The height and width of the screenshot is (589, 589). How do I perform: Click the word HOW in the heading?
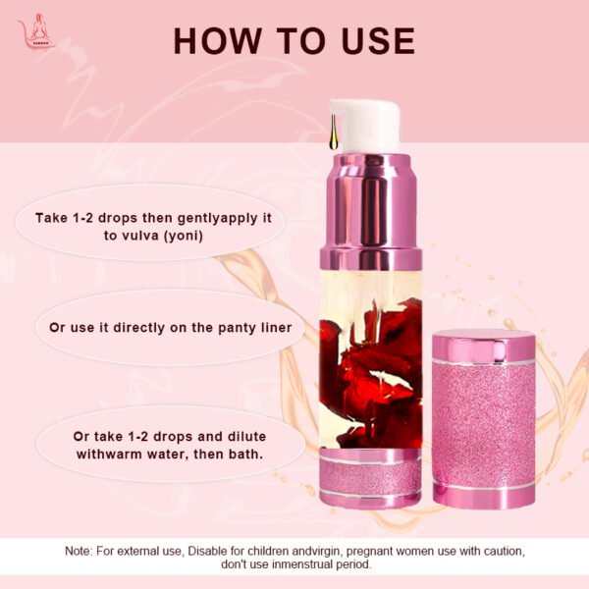(x=218, y=41)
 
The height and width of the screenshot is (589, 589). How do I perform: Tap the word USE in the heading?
(x=378, y=41)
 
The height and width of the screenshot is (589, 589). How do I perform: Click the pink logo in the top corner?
(x=36, y=31)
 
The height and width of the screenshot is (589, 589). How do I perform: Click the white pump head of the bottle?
(x=365, y=127)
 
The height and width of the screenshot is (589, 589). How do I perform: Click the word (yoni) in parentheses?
(x=184, y=237)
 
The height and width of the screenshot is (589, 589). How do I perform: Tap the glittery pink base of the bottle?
(x=370, y=478)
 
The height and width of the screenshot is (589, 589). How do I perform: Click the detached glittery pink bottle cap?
(x=484, y=418)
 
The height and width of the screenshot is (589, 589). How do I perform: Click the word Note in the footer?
(x=78, y=551)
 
